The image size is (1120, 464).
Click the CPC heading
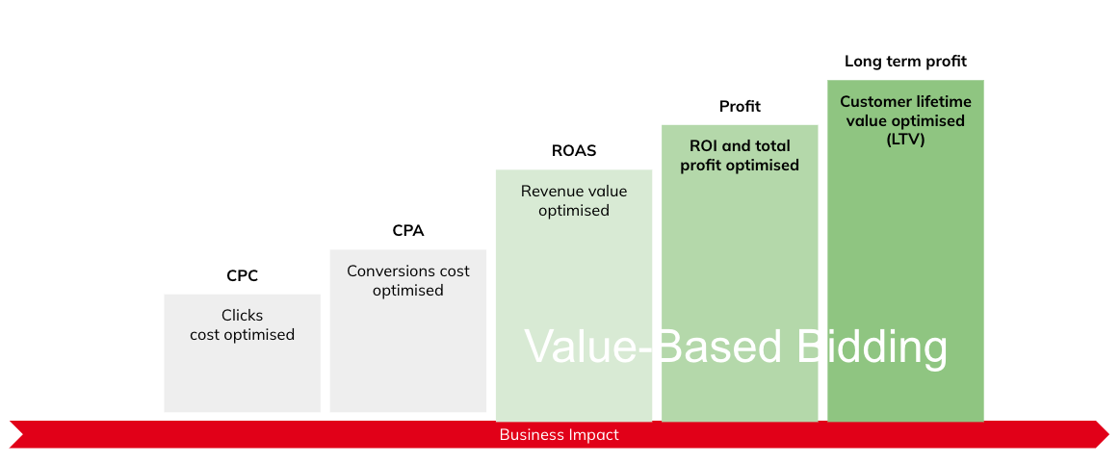pos(242,275)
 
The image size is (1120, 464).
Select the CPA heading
pos(408,231)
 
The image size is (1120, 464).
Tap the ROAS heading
pos(574,150)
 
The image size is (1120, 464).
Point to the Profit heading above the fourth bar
pos(740,106)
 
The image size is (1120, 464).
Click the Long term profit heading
pos(905,62)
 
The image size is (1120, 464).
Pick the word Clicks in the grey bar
pos(242,315)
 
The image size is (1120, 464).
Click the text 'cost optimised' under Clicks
pos(242,334)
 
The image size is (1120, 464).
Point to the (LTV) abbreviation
pos(905,140)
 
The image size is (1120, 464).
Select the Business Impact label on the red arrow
pos(560,435)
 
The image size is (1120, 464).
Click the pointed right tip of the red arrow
pos(1110,435)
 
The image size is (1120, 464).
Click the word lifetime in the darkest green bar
pos(942,102)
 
